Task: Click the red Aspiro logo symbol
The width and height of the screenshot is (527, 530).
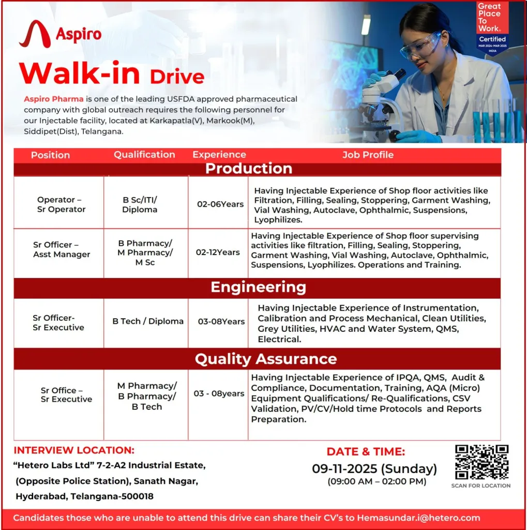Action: (x=34, y=34)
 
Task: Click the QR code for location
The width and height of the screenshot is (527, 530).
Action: (x=481, y=462)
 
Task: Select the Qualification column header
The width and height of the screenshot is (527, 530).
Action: (x=144, y=155)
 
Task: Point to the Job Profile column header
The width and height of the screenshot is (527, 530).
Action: (x=368, y=155)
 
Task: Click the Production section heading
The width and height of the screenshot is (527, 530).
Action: (x=249, y=169)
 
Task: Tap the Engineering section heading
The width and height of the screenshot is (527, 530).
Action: (x=258, y=287)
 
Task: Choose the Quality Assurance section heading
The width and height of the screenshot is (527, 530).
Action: (x=265, y=359)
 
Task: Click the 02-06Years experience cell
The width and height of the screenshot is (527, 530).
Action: (x=220, y=204)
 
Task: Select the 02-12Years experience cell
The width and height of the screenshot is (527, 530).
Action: (x=218, y=253)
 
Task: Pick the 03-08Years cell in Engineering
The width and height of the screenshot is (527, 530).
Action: (x=221, y=321)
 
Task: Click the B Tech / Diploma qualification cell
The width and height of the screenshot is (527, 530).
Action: (x=148, y=321)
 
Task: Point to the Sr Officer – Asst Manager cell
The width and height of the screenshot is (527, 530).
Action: (x=62, y=249)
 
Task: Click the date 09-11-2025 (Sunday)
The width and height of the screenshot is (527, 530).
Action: (x=374, y=469)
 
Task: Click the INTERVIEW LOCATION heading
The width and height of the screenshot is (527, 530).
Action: (x=74, y=450)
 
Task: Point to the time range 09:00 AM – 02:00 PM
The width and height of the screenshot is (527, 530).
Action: (x=377, y=482)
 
